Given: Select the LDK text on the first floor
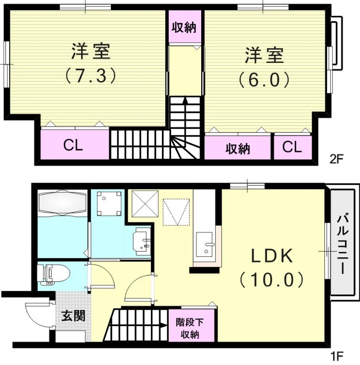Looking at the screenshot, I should (x=272, y=256).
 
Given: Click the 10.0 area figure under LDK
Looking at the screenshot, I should (x=272, y=279).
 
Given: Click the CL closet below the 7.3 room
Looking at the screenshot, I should (x=73, y=146).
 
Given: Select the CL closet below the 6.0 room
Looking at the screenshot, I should (x=292, y=147).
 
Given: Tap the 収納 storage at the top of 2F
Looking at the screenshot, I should (x=184, y=27).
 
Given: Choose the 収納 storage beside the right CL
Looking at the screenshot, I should (x=238, y=148).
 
